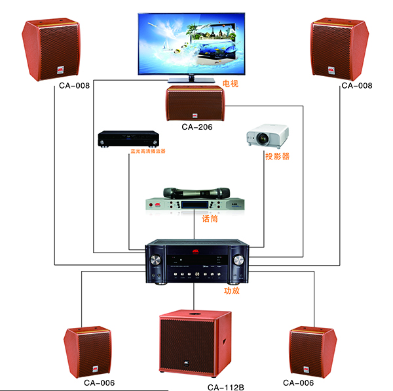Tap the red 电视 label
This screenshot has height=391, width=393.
coord(231,85)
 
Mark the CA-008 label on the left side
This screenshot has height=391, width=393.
coord(74,86)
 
